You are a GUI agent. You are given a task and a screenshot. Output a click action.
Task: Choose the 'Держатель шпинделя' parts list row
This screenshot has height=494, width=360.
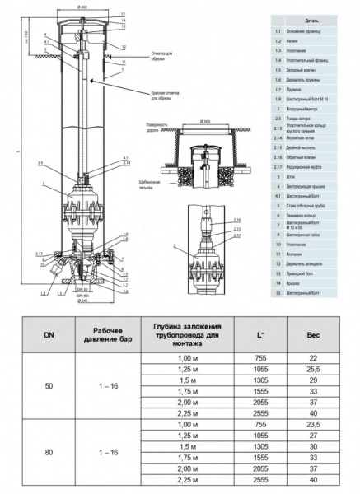(307, 264)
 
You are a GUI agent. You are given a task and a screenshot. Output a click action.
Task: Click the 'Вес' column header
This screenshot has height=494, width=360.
(312, 336)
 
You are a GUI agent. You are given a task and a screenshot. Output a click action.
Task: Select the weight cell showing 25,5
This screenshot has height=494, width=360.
(312, 373)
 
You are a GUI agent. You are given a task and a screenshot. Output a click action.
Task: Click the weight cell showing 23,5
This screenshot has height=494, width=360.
(312, 423)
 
